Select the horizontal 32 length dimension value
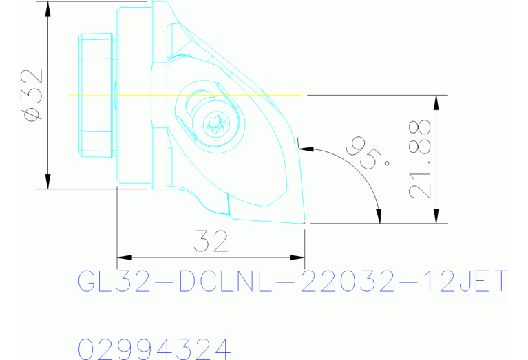click(x=211, y=242)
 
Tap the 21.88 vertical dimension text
click(x=419, y=160)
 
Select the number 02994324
click(x=154, y=348)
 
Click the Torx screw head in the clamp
click(x=217, y=125)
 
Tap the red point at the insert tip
click(x=304, y=223)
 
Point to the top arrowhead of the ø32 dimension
click(x=47, y=8)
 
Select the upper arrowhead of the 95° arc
click(x=306, y=147)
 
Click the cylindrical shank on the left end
click(x=96, y=94)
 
